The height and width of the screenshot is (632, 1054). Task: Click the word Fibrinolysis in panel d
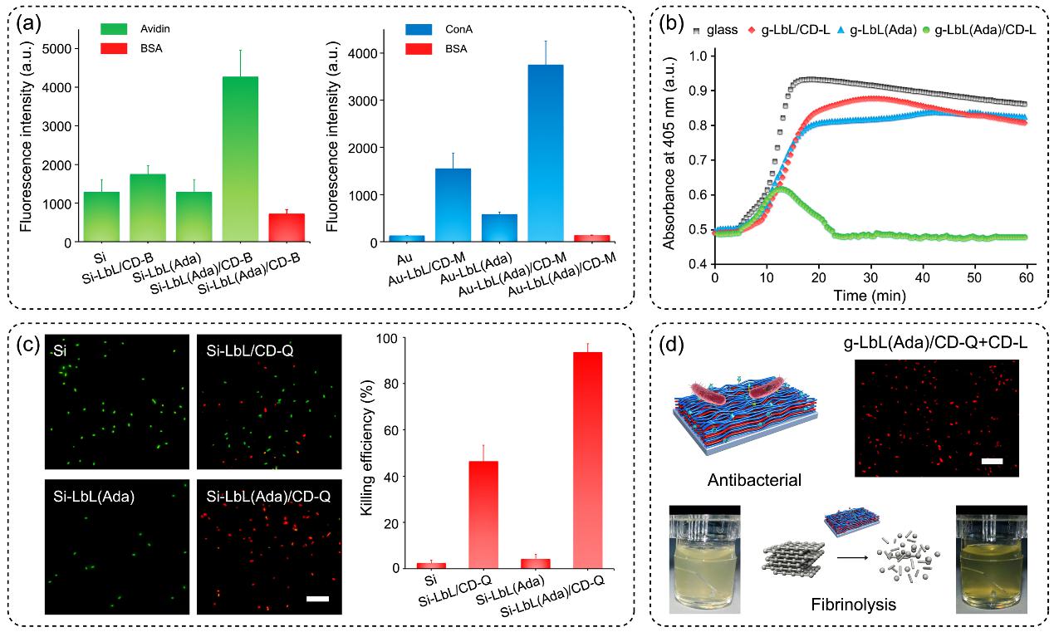coord(853,605)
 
